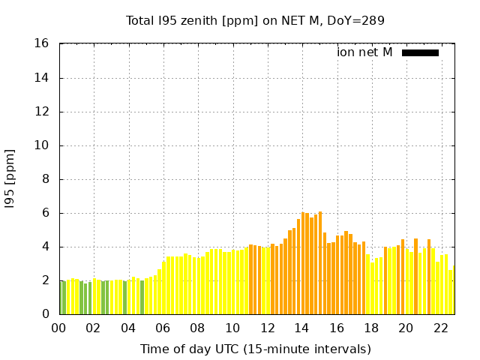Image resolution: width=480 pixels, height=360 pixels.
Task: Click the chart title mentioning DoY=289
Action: point(255,20)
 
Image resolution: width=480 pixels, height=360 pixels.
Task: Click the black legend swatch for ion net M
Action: point(420,52)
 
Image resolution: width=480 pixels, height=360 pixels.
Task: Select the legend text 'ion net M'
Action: point(364,52)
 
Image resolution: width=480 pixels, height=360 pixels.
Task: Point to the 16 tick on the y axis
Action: point(43,44)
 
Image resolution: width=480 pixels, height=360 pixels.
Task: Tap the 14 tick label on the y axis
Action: point(43,78)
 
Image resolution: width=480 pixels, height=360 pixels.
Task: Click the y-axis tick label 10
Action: point(43,145)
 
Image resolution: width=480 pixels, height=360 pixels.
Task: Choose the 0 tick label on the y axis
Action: point(46,314)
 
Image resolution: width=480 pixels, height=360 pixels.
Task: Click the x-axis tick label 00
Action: point(58,328)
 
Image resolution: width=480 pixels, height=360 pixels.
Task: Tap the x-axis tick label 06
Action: point(163,328)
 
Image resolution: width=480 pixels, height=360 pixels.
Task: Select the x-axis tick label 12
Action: point(267,328)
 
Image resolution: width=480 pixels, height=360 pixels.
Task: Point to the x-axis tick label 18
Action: point(371,328)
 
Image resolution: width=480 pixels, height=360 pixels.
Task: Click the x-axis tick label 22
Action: point(440,328)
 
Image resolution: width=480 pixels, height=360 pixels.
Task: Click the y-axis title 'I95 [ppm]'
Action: point(10,179)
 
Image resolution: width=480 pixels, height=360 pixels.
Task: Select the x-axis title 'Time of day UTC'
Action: point(255,349)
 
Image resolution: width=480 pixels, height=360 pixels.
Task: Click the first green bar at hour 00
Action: point(61,298)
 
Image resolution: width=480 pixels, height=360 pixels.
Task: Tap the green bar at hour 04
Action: point(125,298)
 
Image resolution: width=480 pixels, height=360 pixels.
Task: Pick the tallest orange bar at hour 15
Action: point(320,262)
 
